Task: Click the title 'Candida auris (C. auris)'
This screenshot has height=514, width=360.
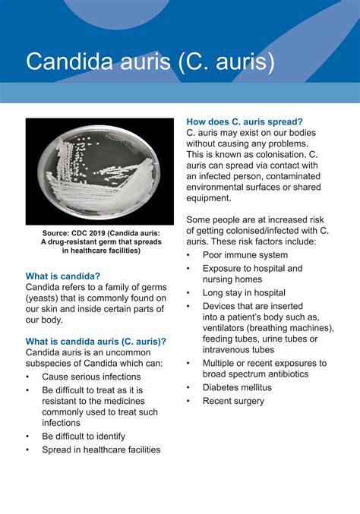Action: [x=150, y=61]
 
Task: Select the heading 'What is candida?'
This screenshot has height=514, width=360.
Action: [x=63, y=276]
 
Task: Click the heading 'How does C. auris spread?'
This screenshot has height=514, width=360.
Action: [x=245, y=121]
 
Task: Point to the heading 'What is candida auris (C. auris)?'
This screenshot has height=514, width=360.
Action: [x=96, y=341]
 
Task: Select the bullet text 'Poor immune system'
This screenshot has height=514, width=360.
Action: [x=245, y=255]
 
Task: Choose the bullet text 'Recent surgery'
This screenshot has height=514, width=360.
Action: [x=233, y=400]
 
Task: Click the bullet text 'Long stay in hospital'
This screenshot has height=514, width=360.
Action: [x=244, y=292]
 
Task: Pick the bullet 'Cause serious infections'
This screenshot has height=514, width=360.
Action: [x=91, y=377]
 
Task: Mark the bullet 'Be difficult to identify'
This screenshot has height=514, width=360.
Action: [x=84, y=437]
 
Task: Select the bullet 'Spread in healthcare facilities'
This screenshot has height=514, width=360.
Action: [x=101, y=449]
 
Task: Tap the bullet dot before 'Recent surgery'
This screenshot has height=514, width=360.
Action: [x=188, y=400]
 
